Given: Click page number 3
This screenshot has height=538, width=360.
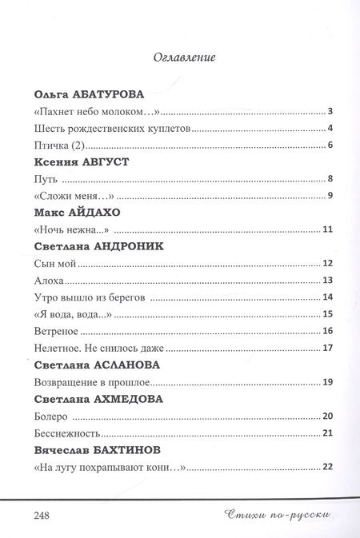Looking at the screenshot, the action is click(330, 112).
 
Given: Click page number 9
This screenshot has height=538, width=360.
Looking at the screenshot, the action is click(330, 197).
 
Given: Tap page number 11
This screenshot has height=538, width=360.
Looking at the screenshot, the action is click(328, 230).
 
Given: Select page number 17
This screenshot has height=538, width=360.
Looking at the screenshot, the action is click(327, 348).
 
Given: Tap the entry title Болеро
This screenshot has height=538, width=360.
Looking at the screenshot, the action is click(52, 416).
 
